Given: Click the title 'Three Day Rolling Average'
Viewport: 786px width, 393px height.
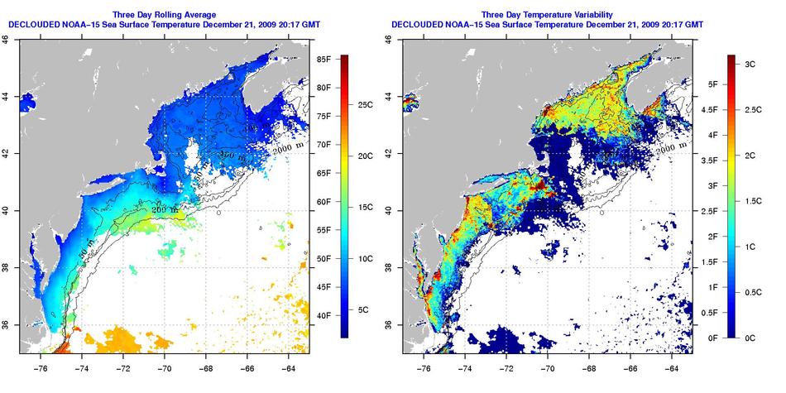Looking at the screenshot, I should pos(164,15).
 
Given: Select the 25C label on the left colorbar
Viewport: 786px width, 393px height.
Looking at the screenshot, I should pos(367,106).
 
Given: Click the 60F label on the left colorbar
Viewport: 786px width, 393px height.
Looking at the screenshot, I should pos(323,202).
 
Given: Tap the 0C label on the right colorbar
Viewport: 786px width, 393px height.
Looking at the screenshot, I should pos(746,338).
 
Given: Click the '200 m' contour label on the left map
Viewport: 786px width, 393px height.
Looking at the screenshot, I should pos(164,210).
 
